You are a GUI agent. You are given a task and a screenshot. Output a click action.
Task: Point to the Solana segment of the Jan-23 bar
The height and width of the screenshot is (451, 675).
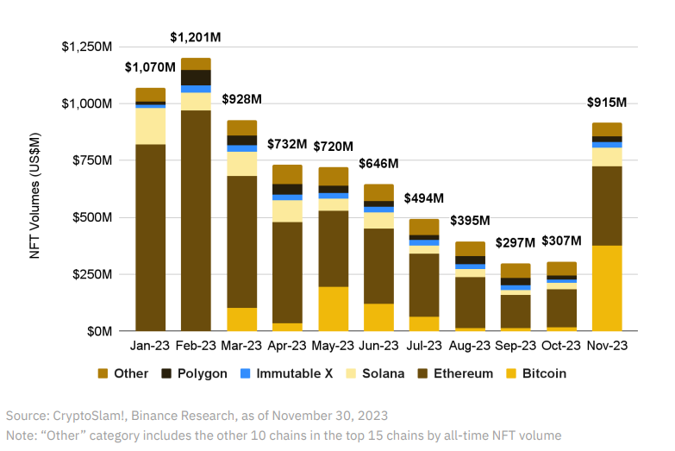coord(151,126)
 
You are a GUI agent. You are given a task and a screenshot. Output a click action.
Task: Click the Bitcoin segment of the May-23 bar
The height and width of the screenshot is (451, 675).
coord(334,309)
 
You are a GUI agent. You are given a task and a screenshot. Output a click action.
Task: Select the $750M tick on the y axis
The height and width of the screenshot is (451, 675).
coord(89,160)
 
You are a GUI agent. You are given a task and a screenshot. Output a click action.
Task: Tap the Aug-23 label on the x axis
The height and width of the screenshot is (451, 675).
coord(469,345)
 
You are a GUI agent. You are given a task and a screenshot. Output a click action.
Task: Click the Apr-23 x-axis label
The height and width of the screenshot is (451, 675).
coord(288,345)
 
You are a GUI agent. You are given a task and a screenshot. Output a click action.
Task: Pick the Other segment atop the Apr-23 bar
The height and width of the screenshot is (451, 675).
coord(288,174)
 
